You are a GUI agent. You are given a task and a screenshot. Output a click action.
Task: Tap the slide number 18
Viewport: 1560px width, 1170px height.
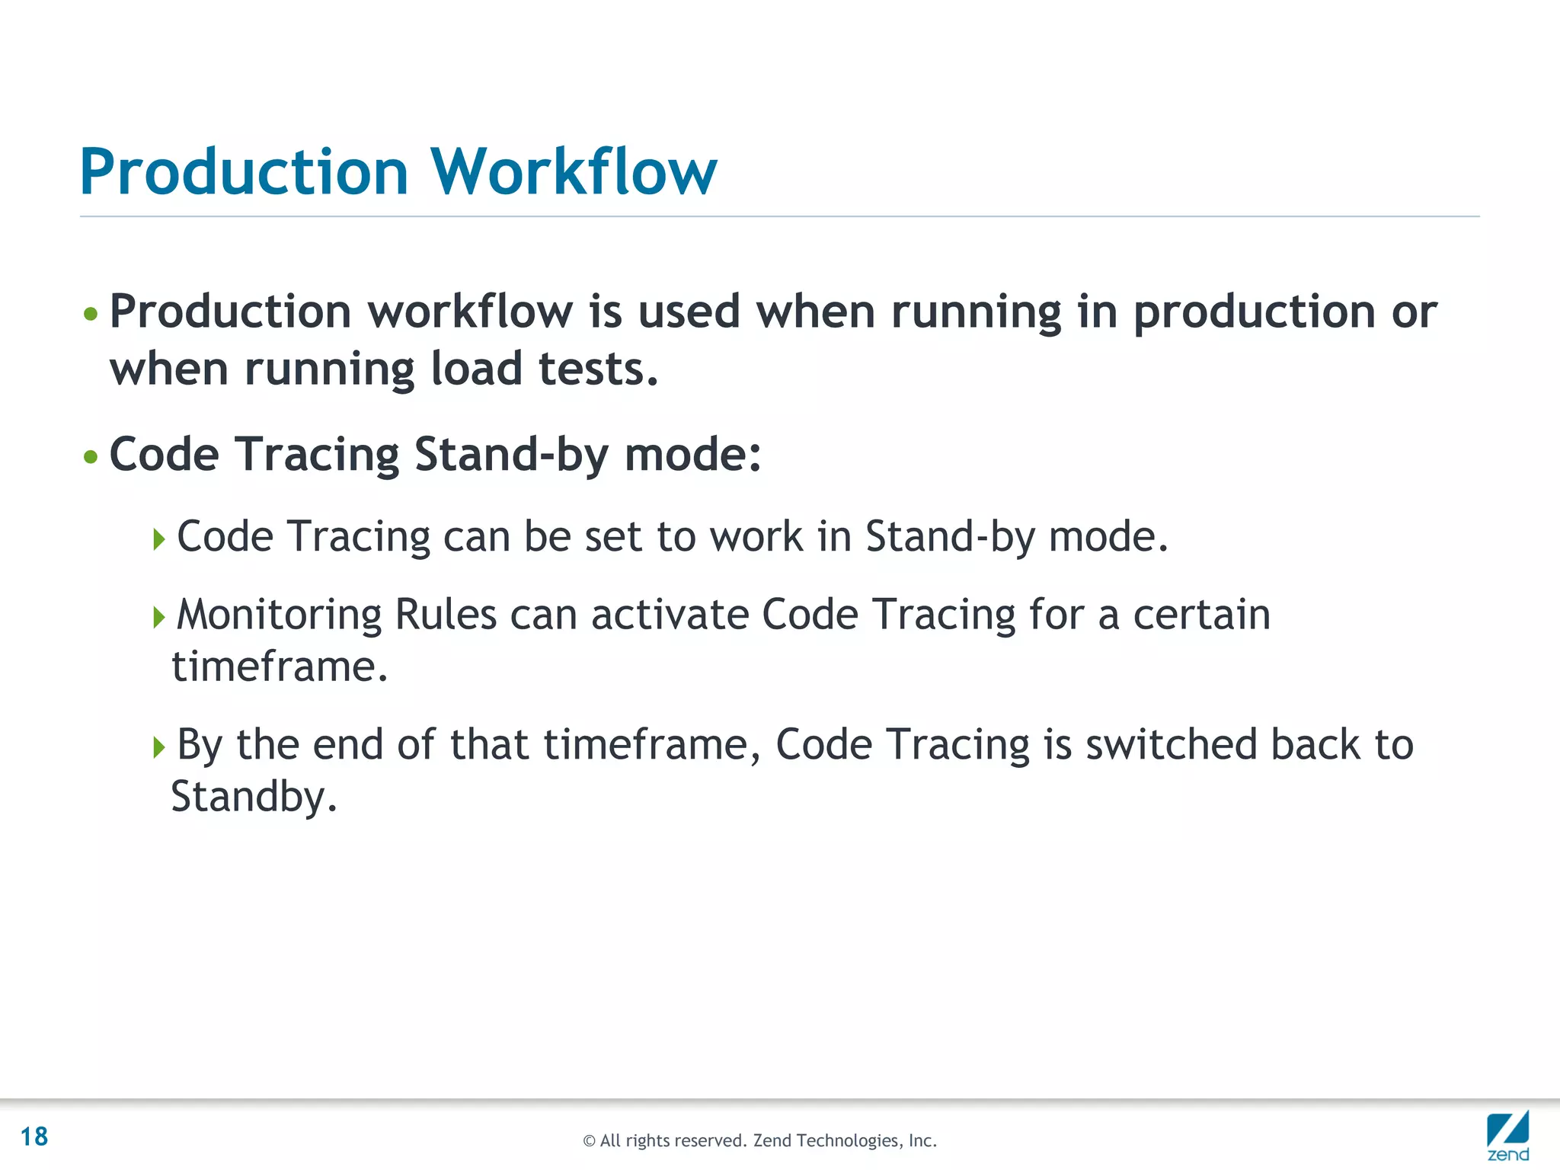click(34, 1136)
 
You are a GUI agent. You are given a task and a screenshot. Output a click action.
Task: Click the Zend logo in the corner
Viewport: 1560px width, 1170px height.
click(1507, 1135)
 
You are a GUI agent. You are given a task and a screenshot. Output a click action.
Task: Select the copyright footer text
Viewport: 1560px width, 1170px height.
click(759, 1140)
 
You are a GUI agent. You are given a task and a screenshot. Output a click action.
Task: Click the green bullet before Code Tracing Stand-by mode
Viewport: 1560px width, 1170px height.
click(91, 457)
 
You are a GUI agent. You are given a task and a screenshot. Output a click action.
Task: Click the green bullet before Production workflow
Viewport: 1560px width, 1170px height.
click(91, 314)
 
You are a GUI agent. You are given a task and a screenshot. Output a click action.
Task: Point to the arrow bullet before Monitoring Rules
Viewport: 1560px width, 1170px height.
click(158, 616)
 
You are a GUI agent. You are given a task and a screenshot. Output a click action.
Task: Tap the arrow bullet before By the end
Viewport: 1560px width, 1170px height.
click(158, 746)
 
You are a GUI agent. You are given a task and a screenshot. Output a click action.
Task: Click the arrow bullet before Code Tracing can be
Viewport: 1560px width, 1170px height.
click(158, 539)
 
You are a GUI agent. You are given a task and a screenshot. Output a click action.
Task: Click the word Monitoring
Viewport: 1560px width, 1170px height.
click(279, 615)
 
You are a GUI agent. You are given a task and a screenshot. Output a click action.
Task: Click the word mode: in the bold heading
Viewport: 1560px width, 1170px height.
click(692, 455)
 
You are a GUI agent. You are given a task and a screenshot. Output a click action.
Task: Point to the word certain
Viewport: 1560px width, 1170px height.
click(1201, 615)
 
